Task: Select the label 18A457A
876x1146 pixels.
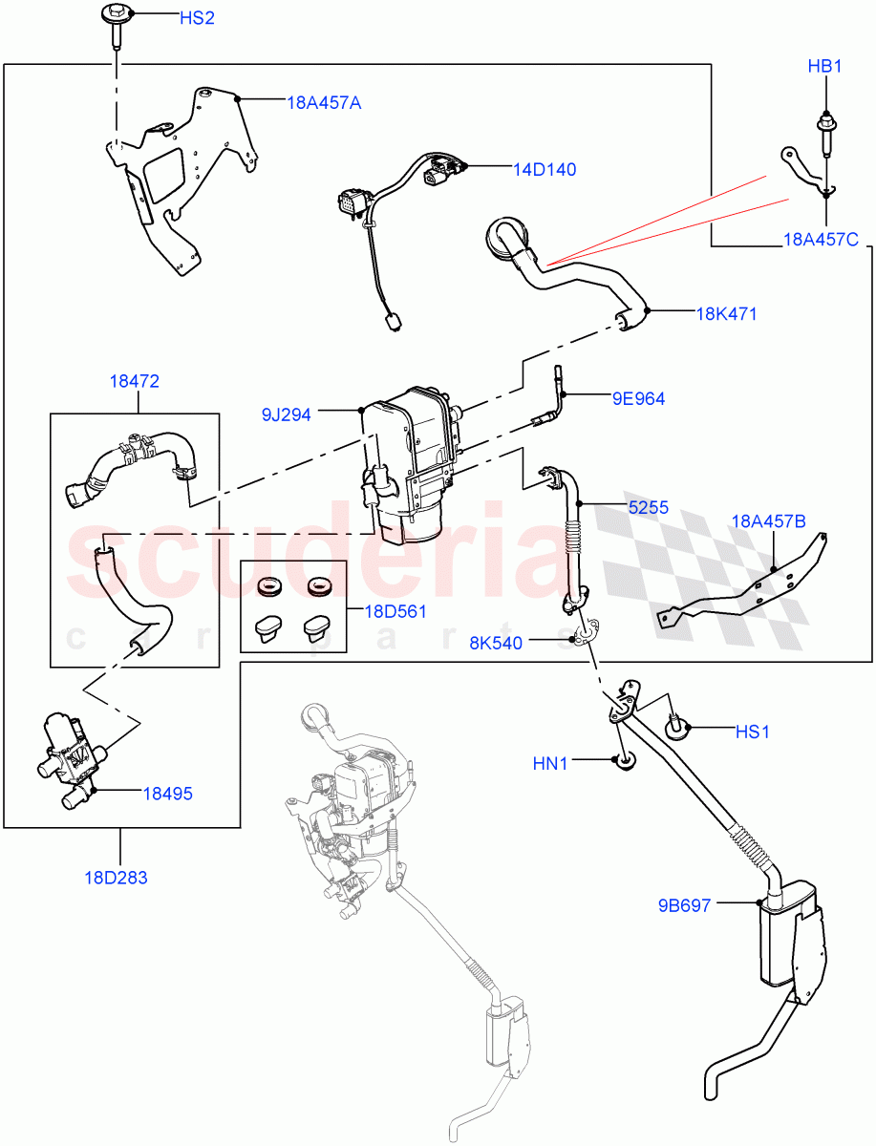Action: (x=324, y=102)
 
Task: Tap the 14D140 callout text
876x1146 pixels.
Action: (x=545, y=169)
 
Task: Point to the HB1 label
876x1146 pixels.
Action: (x=824, y=67)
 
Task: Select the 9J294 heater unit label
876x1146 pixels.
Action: (x=288, y=414)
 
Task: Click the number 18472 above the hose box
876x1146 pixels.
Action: (x=134, y=381)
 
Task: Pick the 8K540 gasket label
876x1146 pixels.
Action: (x=495, y=643)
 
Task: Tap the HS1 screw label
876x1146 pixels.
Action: (x=752, y=732)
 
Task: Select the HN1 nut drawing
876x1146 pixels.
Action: (x=624, y=761)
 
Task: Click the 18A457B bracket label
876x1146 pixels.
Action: (x=768, y=520)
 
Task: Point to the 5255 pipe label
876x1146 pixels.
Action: (x=648, y=508)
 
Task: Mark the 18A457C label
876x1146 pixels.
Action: (x=820, y=240)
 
